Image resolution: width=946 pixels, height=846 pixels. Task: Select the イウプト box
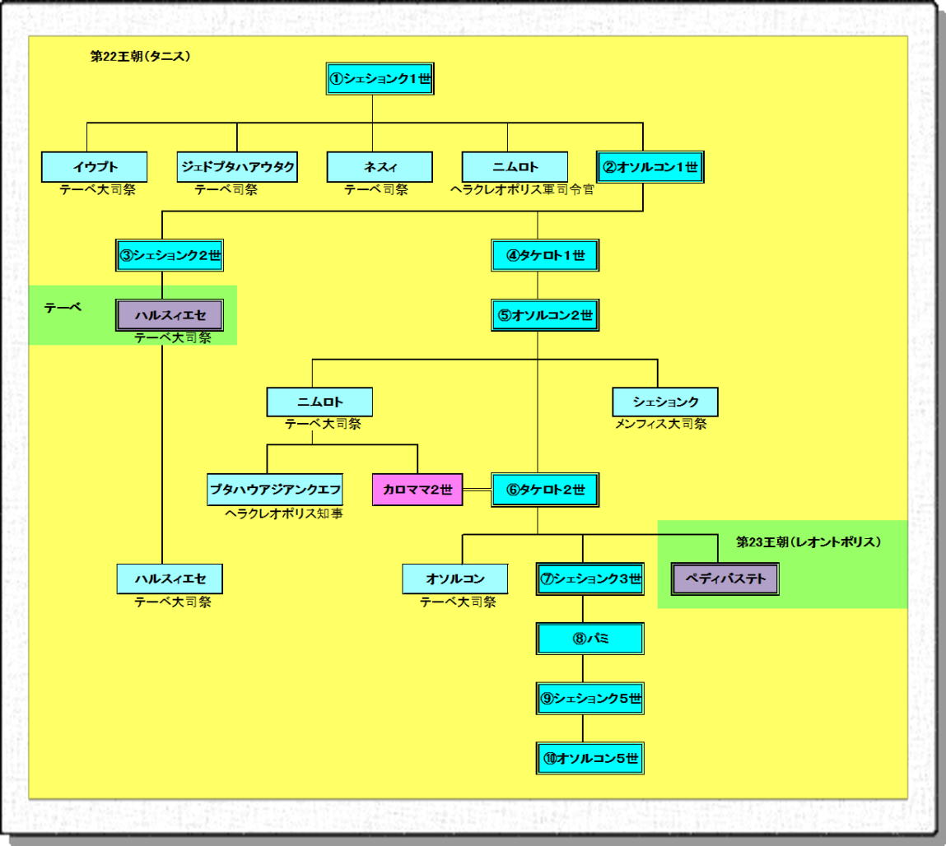coord(94,167)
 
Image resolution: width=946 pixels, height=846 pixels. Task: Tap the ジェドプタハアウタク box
coord(237,167)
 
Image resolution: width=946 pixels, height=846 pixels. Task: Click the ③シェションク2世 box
coord(169,255)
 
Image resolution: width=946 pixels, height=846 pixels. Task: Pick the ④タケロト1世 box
coord(544,255)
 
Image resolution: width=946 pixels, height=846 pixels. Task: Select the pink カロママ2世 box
coord(417,490)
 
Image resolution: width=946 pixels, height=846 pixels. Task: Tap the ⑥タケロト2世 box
coord(544,490)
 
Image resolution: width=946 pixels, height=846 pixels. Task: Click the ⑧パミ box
coord(589,638)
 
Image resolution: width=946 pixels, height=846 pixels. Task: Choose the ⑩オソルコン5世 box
coord(589,758)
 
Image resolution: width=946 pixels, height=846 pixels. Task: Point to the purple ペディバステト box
coord(725,579)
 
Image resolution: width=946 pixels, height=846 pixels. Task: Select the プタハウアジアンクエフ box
coord(275,490)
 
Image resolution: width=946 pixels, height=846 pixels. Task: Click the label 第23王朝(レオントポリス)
coord(809,542)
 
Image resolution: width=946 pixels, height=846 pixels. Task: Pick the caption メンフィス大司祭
coord(660,425)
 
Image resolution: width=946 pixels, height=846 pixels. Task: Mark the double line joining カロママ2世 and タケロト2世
coord(478,490)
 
